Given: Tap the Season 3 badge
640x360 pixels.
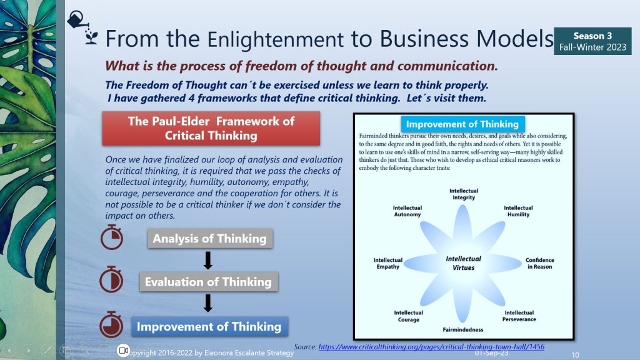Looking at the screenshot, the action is coord(592,41).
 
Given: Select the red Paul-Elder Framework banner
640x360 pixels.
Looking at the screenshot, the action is coord(211,129).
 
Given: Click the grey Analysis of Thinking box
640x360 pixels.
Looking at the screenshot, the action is coord(210,238).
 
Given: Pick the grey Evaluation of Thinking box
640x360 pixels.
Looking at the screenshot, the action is coord(209,282).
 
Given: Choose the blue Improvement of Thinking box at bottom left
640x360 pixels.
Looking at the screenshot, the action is coord(209,326).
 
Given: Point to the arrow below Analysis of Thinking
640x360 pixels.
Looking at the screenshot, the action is coord(207,261).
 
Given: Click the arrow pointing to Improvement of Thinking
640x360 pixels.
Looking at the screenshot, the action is coord(207,304).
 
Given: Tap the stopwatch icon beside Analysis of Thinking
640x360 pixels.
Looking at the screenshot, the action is coord(112,237).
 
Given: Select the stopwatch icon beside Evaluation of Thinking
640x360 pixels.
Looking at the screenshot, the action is coord(111,279).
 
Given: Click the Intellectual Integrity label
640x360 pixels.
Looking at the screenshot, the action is coord(464,194).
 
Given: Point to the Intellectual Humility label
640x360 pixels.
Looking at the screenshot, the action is coord(518,211).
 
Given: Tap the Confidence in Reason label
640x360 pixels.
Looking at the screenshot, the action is coord(539,263).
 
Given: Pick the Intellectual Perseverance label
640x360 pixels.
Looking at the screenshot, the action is coord(519,316).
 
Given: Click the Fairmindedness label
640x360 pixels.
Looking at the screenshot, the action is coord(463,329).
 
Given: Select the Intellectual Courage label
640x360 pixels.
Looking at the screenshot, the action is coord(409,316).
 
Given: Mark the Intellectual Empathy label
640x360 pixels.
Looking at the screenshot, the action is coord(387,263).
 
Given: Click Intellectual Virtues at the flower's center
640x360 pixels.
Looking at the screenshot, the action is coord(463,263).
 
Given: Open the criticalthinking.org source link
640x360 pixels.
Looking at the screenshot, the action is coord(431,346).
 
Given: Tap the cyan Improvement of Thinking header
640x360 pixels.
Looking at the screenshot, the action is coord(462,124).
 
